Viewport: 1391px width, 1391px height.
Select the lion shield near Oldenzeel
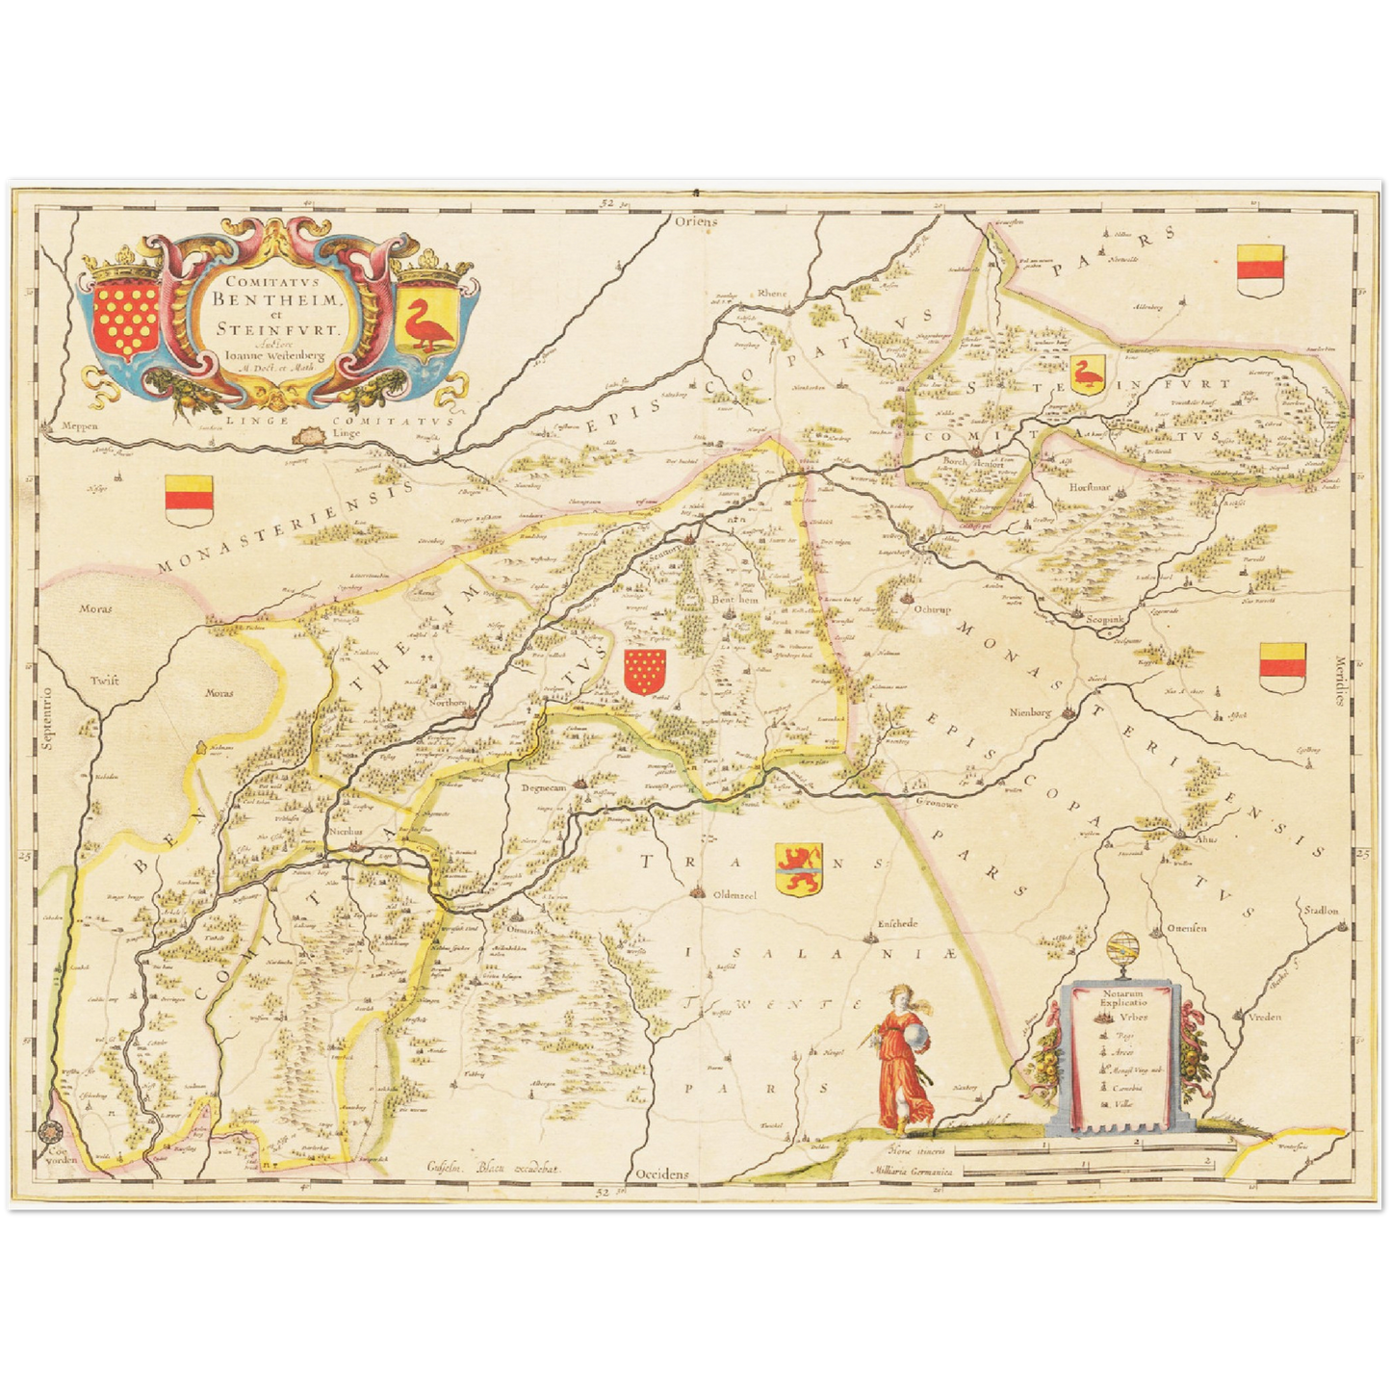(798, 869)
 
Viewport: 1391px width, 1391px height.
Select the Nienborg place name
(1033, 713)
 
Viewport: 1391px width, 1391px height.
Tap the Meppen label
(78, 425)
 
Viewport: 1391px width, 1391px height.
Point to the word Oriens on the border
(695, 221)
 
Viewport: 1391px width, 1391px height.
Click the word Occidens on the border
(663, 1174)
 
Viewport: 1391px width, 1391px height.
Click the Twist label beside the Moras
(105, 681)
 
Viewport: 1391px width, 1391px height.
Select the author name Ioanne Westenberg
(273, 352)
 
